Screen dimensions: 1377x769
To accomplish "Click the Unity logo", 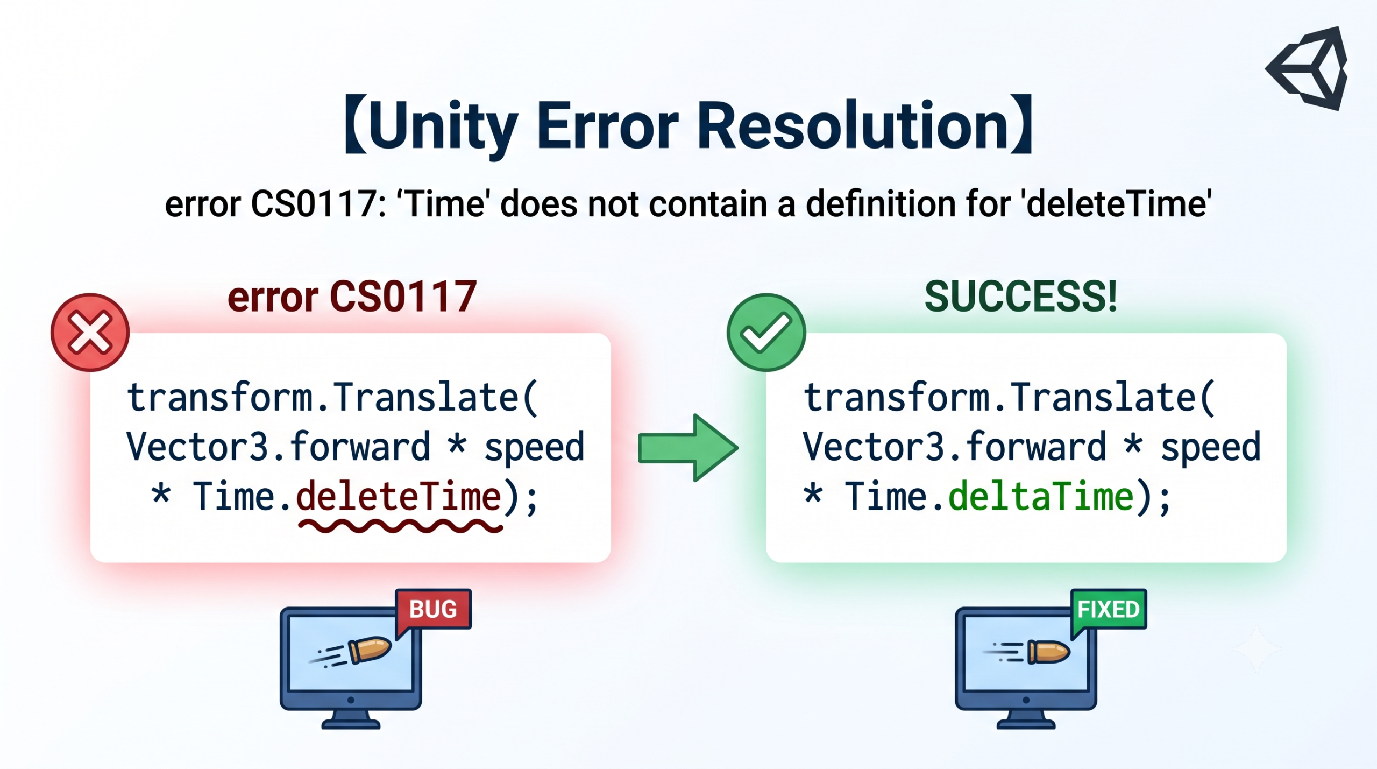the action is pos(1307,68).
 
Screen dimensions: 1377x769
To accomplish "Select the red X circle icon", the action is pos(90,332).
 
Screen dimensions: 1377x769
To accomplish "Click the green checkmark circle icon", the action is pos(766,332).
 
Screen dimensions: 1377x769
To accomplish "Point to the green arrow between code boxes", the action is pos(688,448).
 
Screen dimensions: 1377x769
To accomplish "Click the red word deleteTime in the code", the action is pos(399,496).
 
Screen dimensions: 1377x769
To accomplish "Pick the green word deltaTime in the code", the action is pos(1041,496).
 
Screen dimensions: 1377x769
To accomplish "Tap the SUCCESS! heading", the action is pos(1020,297).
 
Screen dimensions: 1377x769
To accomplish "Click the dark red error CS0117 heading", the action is pos(352,297).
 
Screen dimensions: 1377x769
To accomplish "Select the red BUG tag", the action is pos(433,610).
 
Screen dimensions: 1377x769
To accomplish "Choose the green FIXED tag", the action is pos(1108,610).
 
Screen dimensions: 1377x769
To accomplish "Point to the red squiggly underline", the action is pos(400,526).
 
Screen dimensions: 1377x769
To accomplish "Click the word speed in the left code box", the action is pos(534,448).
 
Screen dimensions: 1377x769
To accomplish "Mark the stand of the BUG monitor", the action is pos(351,719).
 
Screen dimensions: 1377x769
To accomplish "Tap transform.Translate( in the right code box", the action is pos(1009,398).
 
